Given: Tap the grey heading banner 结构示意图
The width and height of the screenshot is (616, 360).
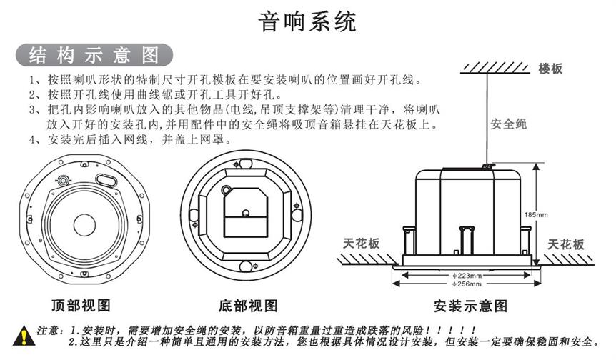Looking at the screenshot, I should [94, 55].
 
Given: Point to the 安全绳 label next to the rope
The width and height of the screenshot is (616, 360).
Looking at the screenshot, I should [508, 124].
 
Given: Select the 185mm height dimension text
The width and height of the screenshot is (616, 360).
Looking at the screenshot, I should [535, 214].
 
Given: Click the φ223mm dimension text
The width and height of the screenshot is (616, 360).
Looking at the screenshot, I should [467, 275].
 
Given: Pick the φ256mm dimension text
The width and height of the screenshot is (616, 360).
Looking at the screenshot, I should [467, 284].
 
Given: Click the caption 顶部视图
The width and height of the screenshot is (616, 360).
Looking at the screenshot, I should [81, 306].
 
